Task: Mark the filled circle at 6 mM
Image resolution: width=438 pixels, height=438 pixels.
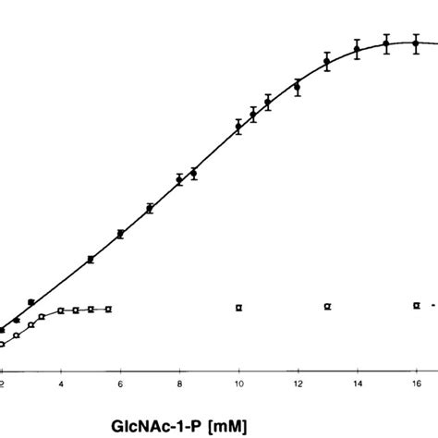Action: click(120, 235)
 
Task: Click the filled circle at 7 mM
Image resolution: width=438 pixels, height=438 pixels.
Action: click(150, 209)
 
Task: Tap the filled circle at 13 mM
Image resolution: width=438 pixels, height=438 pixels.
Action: click(327, 63)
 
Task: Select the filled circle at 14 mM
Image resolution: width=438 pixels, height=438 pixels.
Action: click(357, 49)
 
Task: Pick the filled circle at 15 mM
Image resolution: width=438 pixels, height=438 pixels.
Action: click(386, 43)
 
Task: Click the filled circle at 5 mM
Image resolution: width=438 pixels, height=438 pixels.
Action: click(91, 260)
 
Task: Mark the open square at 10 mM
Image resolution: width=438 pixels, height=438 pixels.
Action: click(238, 307)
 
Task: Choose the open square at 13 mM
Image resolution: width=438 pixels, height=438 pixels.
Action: click(327, 306)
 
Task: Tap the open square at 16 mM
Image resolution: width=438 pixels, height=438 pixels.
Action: click(416, 305)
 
